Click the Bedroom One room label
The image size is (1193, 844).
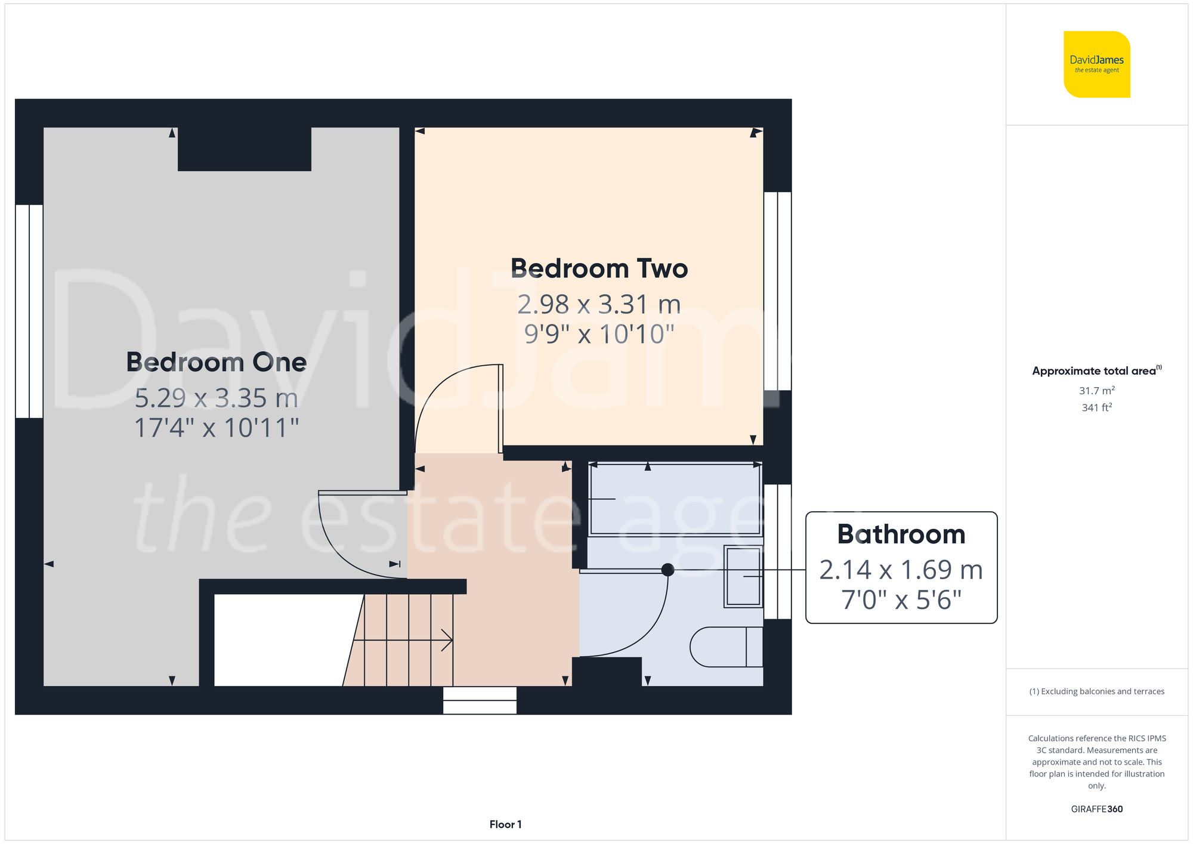point(216,362)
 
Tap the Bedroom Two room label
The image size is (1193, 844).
point(599,268)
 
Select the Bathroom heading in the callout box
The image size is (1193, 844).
point(901,534)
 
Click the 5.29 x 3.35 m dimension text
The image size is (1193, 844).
point(216,398)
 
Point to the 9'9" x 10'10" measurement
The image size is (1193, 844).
point(599,334)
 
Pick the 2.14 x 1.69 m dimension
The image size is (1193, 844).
point(901,570)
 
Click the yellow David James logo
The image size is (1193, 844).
point(1096,64)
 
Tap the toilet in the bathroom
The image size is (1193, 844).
point(725,647)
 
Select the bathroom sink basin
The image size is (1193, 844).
point(743,577)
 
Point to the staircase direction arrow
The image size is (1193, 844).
point(446,640)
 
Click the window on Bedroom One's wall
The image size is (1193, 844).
point(29,311)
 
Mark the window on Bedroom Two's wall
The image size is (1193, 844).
point(778,290)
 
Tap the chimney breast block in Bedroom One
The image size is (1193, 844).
point(244,149)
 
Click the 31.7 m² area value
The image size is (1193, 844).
point(1096,391)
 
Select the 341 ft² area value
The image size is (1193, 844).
point(1096,407)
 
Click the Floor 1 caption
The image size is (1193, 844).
point(505,824)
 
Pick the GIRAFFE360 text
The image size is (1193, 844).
point(1096,809)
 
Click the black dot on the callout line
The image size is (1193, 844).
point(668,570)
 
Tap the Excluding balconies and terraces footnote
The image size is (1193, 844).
point(1096,691)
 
